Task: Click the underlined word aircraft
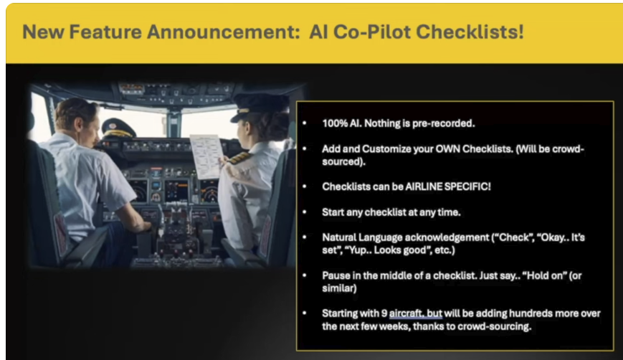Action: (x=404, y=313)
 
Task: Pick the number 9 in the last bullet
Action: (x=384, y=313)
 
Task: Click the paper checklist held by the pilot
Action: (x=206, y=156)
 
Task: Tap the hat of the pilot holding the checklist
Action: (x=260, y=105)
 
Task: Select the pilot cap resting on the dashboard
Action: (x=118, y=128)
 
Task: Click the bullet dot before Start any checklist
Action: (x=305, y=212)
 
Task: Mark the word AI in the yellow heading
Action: (x=318, y=32)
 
